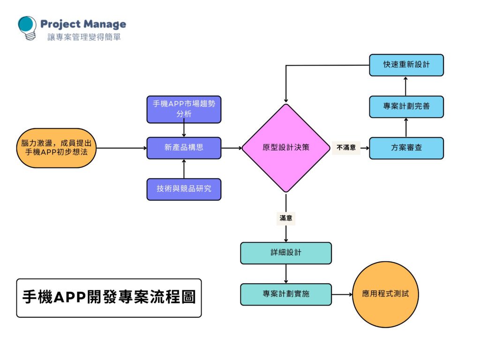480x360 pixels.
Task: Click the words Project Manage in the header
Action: (x=83, y=24)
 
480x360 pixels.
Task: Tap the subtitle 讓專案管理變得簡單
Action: (x=84, y=37)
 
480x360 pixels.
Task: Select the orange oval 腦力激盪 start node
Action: (x=55, y=148)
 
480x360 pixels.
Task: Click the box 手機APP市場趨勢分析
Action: (x=184, y=109)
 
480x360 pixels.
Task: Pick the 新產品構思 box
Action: (x=184, y=148)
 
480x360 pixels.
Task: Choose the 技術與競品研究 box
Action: (x=184, y=189)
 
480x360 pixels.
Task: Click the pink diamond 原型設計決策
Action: (x=285, y=148)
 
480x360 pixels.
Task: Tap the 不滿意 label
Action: (x=346, y=148)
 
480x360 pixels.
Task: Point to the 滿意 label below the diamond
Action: (x=286, y=218)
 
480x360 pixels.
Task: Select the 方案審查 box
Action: (x=406, y=148)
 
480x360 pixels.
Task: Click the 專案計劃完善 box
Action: (x=406, y=106)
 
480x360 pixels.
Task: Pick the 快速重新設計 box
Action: (x=406, y=65)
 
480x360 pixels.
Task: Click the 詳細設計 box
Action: (x=286, y=253)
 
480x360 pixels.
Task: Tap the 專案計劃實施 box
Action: (x=286, y=294)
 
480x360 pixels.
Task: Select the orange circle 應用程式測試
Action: (x=385, y=294)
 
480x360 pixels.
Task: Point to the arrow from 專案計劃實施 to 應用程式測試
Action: (x=342, y=294)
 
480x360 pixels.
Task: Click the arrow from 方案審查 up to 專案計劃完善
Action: (x=406, y=127)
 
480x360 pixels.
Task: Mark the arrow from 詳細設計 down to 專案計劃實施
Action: (x=286, y=273)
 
